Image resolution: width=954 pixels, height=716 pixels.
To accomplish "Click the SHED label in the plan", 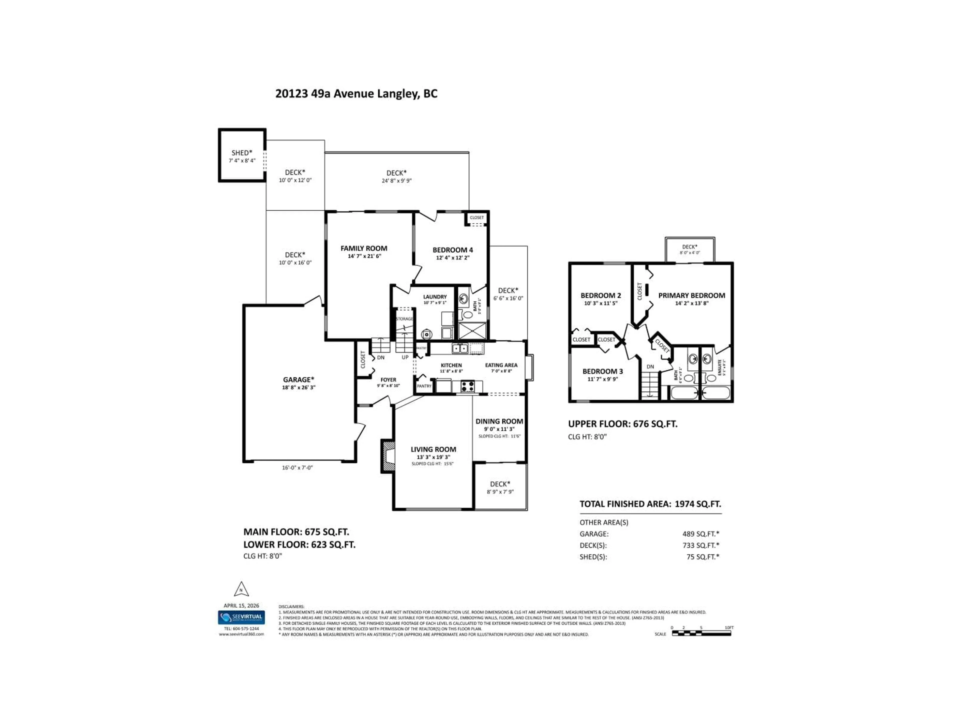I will click(241, 153).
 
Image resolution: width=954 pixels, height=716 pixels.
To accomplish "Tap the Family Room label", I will click(363, 248).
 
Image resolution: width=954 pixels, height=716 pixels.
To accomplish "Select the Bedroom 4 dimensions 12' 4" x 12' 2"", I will click(452, 258).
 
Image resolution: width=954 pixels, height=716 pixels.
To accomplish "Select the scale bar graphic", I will click(702, 633).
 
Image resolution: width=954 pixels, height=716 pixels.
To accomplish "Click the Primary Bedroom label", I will click(691, 296).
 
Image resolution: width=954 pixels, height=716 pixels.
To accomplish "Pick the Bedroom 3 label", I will click(602, 371).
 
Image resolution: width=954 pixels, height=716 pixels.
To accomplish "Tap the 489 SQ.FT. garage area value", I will click(700, 534).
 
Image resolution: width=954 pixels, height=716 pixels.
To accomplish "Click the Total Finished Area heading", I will click(650, 504).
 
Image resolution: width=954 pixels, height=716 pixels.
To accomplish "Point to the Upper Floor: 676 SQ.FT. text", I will click(622, 424).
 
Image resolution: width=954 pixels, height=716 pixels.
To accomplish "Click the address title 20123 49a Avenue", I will click(356, 94).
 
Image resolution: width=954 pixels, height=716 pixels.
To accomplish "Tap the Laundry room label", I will click(435, 297).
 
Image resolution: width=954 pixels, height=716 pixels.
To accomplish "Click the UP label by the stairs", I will click(405, 357).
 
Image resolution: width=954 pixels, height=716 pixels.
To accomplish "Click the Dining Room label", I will click(499, 421).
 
